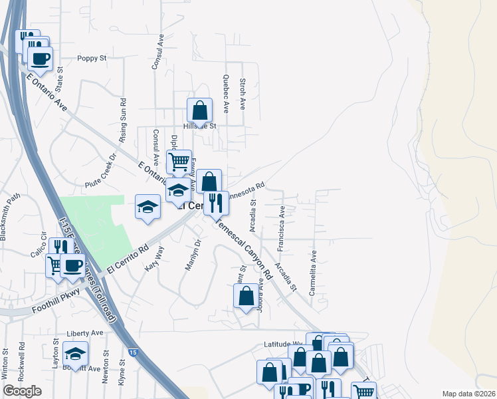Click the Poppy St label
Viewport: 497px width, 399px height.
[92, 59]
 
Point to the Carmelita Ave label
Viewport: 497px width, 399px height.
[312, 272]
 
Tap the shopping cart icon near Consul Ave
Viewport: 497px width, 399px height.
[179, 162]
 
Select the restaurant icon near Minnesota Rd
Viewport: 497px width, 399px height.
[215, 202]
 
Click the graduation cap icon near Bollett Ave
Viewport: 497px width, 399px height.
[76, 354]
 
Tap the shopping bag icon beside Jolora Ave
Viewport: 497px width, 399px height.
[246, 296]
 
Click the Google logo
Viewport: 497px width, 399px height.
[23, 391]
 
